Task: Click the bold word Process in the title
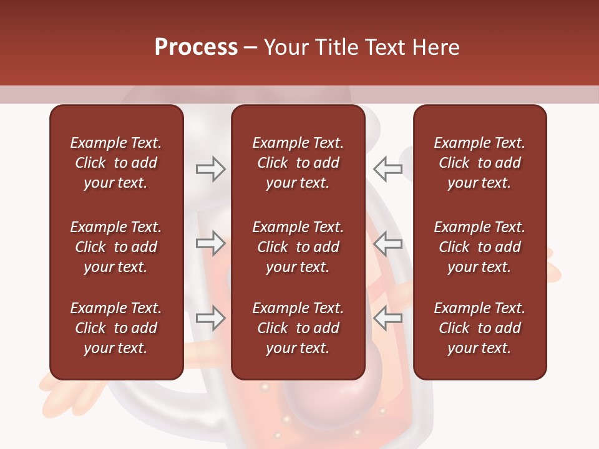pos(196,47)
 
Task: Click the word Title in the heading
pos(336,47)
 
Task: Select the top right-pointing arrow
pos(210,169)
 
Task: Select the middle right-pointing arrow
pos(210,243)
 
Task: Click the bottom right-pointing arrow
pos(210,318)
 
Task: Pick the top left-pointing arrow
pos(388,169)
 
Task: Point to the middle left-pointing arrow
pos(388,243)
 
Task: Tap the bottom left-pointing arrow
pos(388,318)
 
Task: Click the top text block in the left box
pos(116,163)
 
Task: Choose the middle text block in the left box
pos(116,247)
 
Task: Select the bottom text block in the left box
pos(116,328)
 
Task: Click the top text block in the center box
pos(298,163)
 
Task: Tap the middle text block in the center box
pos(298,247)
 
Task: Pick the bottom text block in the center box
pos(298,328)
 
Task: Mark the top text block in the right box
pos(479,163)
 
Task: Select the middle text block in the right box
pos(479,247)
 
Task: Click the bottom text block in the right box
pos(479,328)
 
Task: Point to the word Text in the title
pos(384,47)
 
